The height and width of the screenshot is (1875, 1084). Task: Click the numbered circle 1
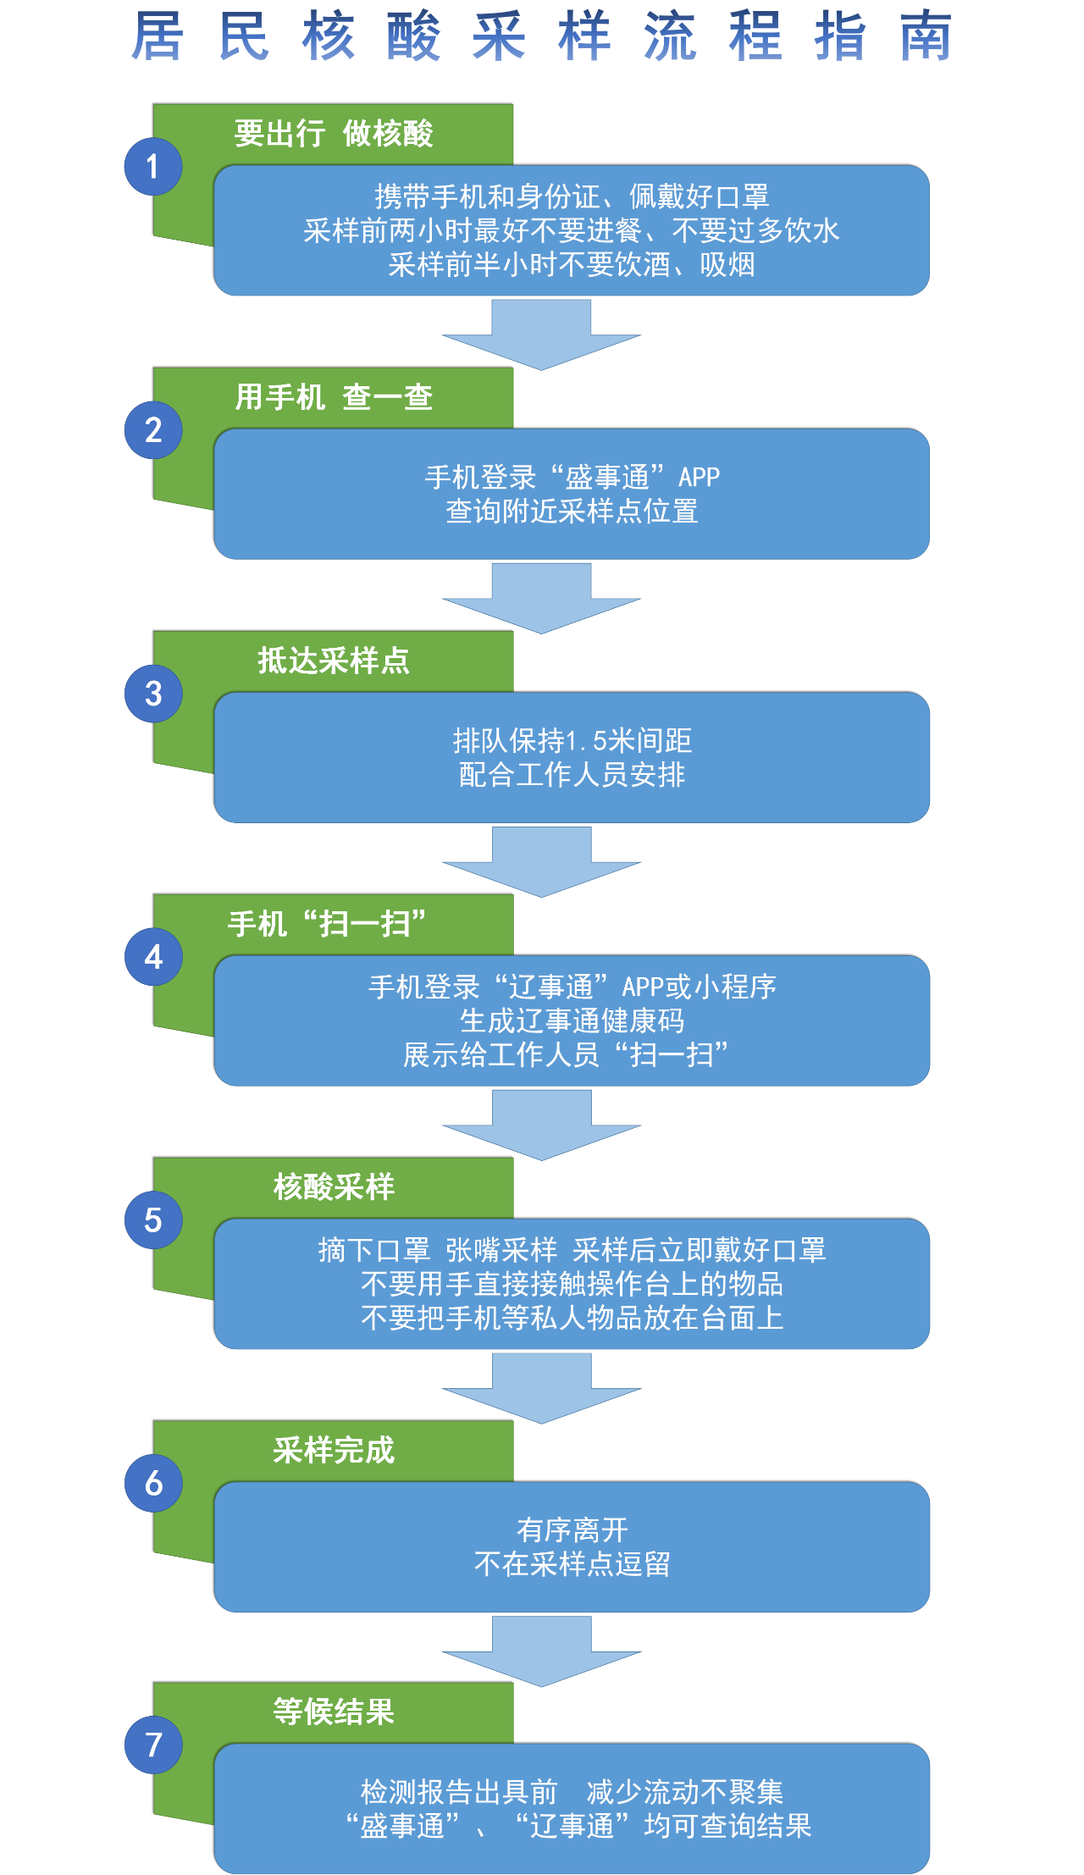coord(153,167)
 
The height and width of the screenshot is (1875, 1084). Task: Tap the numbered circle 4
coord(153,957)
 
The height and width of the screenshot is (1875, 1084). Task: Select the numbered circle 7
coord(153,1745)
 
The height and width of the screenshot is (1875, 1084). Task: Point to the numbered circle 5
coord(153,1220)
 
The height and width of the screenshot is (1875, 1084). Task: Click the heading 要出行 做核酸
coord(334,134)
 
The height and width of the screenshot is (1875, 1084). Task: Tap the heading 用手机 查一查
coord(334,397)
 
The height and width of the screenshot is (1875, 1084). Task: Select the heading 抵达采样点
coord(334,661)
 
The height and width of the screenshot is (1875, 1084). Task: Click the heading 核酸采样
coord(334,1187)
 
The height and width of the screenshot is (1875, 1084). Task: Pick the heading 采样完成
coord(334,1451)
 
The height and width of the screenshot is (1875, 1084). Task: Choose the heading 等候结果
coord(334,1712)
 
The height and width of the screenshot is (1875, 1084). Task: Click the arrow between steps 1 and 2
coord(541,335)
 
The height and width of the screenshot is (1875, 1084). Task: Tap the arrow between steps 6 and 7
coord(541,1651)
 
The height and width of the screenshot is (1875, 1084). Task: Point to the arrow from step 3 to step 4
coord(541,861)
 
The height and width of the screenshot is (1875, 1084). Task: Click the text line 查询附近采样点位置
coord(572,512)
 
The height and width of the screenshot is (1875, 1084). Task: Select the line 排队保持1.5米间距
coord(572,741)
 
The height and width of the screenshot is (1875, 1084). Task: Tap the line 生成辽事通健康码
coord(572,1020)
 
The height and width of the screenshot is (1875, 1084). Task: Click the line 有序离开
coord(572,1529)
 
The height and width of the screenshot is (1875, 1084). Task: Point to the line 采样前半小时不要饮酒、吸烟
coord(572,264)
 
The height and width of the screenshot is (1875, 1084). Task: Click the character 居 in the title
coord(158,37)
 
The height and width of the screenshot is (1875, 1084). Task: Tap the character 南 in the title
coord(926,37)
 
